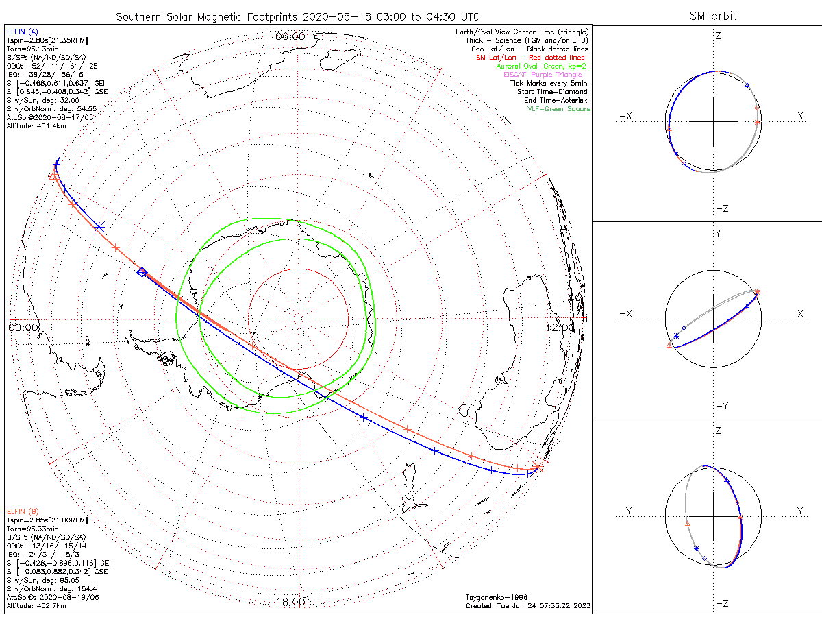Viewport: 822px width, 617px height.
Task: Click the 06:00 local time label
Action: point(290,36)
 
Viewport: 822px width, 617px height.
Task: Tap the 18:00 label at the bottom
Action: point(290,601)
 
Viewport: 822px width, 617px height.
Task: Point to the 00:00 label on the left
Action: point(23,328)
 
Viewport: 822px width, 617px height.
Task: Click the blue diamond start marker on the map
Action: point(142,272)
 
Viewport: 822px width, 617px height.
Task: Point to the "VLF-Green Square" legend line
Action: point(558,109)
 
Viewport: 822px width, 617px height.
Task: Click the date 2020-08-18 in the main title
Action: point(332,16)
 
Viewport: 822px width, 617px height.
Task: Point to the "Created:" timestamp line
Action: point(527,605)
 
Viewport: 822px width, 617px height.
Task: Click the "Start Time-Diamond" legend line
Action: point(553,92)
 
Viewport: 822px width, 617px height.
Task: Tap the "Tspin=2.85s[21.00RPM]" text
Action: point(47,520)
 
